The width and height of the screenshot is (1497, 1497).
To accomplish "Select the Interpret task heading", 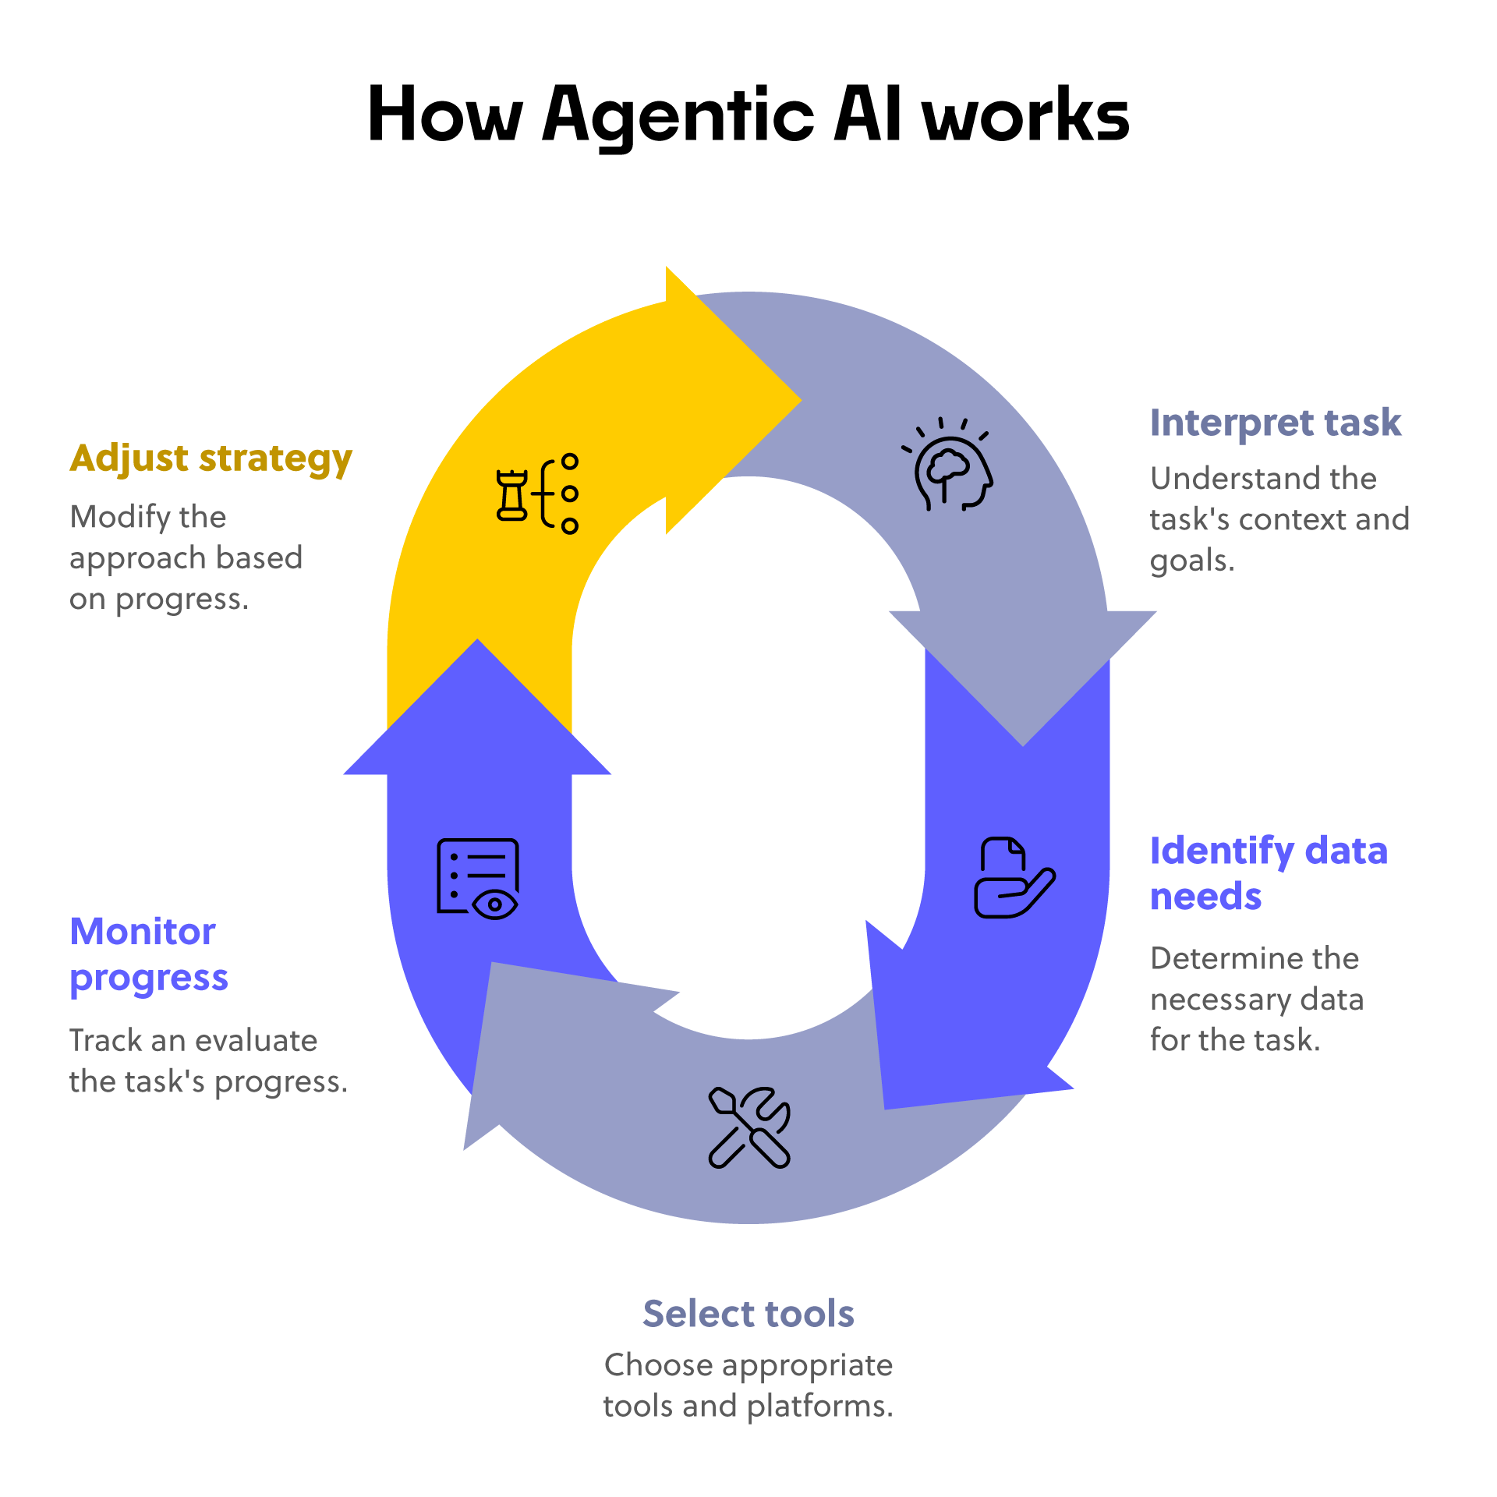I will (1275, 423).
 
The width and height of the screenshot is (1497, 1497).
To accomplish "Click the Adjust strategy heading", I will (211, 458).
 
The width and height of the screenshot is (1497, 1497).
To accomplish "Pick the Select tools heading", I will (748, 1314).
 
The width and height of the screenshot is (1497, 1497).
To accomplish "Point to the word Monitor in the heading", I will (143, 932).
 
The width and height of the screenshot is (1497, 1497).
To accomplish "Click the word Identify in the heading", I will (1222, 851).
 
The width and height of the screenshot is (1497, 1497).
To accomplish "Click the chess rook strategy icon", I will (537, 494).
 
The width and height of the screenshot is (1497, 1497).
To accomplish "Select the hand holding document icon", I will (1013, 879).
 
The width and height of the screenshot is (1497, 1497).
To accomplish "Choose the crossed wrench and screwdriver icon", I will (748, 1127).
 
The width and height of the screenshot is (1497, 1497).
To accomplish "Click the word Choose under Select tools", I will (658, 1365).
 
